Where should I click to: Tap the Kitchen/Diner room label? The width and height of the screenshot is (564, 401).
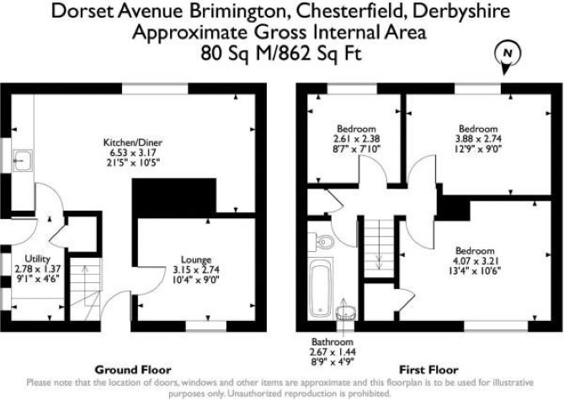tap(133, 142)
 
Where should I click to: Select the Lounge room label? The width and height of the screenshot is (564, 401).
tap(196, 259)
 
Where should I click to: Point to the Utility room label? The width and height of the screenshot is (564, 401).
tap(37, 259)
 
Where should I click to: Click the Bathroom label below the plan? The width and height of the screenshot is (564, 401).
tap(333, 341)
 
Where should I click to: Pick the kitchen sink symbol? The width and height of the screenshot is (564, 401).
tap(22, 160)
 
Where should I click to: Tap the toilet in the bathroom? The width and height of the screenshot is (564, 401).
tap(322, 241)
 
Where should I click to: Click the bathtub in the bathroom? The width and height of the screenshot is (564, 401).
tap(320, 288)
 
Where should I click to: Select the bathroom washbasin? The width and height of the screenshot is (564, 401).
tap(346, 313)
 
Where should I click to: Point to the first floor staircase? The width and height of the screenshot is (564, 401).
tap(379, 248)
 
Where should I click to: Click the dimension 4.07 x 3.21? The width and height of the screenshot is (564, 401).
tap(475, 261)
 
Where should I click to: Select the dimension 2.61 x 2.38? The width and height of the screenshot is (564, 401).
tap(356, 139)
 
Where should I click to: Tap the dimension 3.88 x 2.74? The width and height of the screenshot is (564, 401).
tap(478, 139)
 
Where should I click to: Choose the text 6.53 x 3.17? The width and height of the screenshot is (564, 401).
tap(133, 152)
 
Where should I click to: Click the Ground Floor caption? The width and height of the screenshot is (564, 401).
tap(133, 370)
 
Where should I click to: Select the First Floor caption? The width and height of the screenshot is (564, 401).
tap(428, 370)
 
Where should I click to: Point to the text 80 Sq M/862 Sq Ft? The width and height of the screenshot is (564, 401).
tap(281, 54)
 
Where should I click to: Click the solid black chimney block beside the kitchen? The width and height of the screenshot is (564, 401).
tap(174, 198)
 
